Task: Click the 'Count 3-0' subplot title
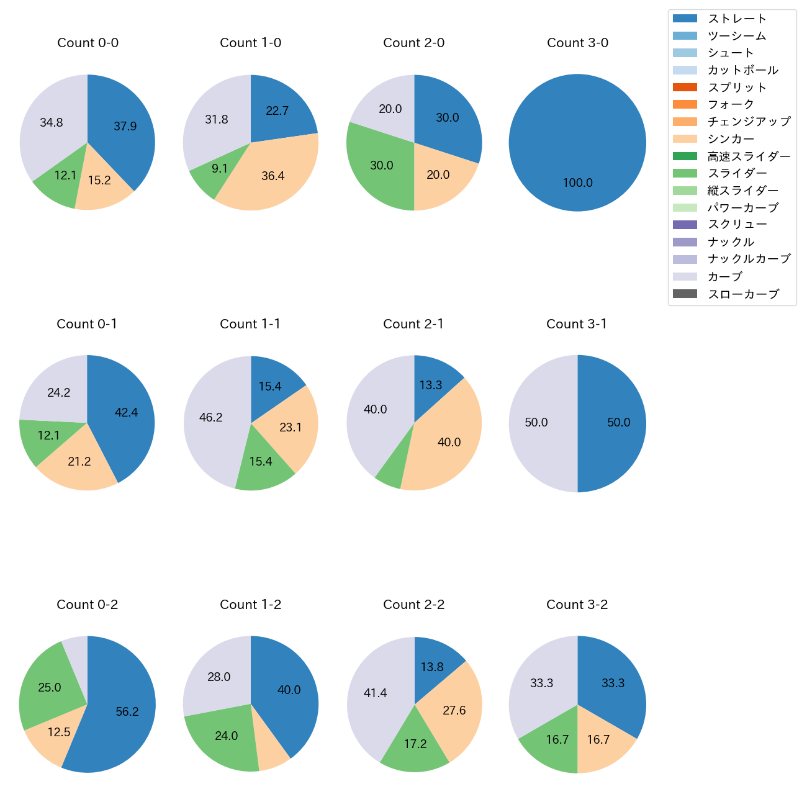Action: pyautogui.click(x=577, y=43)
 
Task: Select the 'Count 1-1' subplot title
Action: pyautogui.click(x=250, y=324)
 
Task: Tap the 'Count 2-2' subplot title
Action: pyautogui.click(x=414, y=605)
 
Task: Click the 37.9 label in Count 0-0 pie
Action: pyautogui.click(x=125, y=127)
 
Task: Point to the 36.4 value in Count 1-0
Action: pyautogui.click(x=273, y=176)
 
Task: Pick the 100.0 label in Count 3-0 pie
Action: pyautogui.click(x=578, y=183)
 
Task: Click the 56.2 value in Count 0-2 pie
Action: pyautogui.click(x=127, y=712)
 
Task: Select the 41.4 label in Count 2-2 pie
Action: pyautogui.click(x=376, y=693)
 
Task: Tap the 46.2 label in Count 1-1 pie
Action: pyautogui.click(x=211, y=418)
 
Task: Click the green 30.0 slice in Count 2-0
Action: pyautogui.click(x=380, y=166)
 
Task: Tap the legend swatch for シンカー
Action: pyautogui.click(x=685, y=139)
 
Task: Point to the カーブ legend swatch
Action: pyautogui.click(x=685, y=277)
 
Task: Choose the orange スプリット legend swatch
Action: pyautogui.click(x=685, y=88)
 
